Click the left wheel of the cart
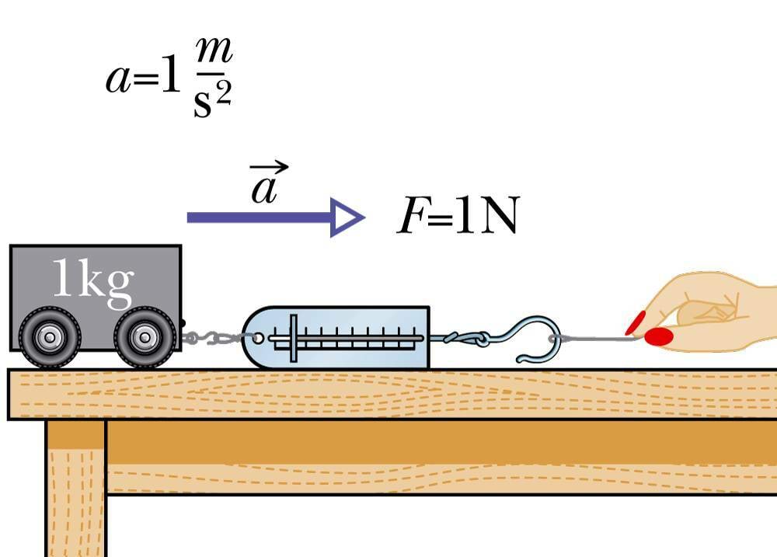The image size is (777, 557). point(50,337)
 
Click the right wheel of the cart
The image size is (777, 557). point(144,337)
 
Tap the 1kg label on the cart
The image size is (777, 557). point(92,281)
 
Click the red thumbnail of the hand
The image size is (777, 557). point(659,336)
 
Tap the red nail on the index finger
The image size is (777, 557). point(636,322)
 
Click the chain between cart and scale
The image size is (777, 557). point(213,338)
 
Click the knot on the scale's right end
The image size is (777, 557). point(477,339)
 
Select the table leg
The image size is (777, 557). point(75,489)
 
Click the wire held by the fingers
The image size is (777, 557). point(598,339)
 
